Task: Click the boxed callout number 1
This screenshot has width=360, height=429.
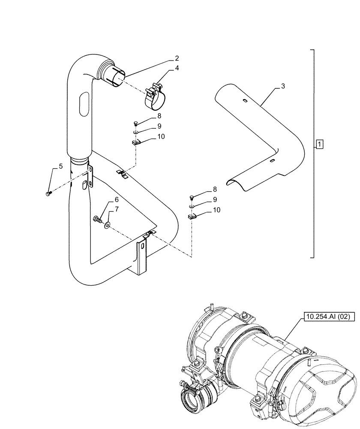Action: pos(320,144)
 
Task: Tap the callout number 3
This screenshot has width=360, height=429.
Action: pos(283,87)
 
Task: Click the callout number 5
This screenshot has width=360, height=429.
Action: pos(60,166)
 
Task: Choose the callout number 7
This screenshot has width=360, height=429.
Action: pos(116,210)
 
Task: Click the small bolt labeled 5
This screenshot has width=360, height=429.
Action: pos(48,194)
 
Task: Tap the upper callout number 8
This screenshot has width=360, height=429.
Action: pos(147,116)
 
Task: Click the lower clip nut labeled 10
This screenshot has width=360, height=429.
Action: pos(192,216)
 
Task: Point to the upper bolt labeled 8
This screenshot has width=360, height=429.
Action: pos(135,124)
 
